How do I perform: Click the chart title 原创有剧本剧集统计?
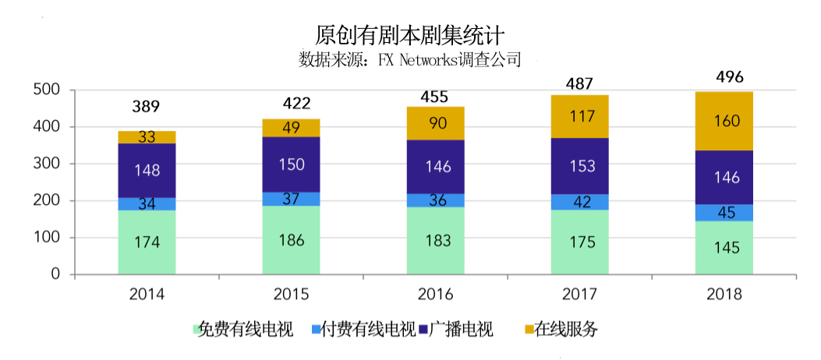tap(410, 35)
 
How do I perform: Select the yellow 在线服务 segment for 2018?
tap(724, 121)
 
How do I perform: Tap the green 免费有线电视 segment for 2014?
tap(147, 242)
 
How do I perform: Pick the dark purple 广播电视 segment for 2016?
tap(435, 167)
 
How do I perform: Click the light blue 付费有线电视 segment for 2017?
tap(579, 202)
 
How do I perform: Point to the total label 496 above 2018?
tap(730, 77)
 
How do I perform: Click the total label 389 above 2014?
tap(146, 107)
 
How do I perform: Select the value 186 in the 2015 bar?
tap(291, 240)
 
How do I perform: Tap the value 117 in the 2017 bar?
tap(579, 117)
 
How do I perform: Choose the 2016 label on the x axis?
tap(435, 295)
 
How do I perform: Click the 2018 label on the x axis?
tap(724, 295)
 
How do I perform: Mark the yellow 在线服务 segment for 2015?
tap(291, 128)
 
